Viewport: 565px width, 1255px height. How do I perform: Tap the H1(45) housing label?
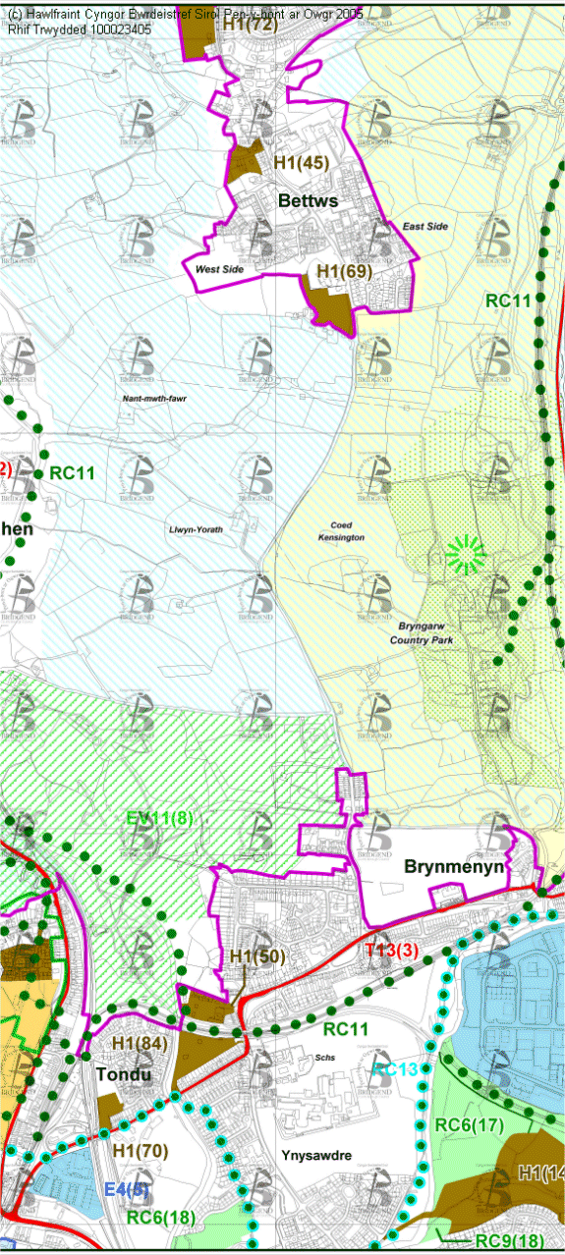coord(301,162)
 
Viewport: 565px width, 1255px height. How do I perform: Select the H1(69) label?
coord(344,269)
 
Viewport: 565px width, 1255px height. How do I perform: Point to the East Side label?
coord(424,227)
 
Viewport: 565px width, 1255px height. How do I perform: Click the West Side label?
coord(219,268)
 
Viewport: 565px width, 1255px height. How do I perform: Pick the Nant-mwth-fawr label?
coord(155,399)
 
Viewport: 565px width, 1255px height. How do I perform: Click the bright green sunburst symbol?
coord(466,555)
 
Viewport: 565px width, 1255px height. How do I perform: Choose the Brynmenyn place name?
coord(454,867)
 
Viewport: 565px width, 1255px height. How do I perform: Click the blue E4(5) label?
coord(128,1189)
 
